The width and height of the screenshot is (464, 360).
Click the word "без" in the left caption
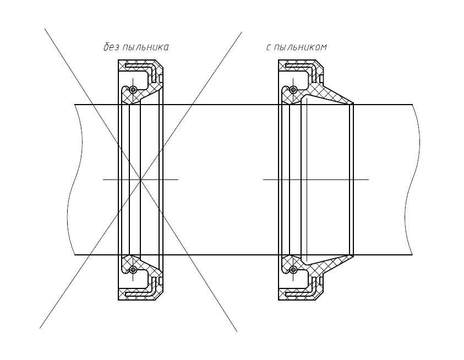point(111,47)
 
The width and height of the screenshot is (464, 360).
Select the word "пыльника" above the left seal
point(145,47)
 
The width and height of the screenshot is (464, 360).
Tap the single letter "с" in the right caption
point(269,47)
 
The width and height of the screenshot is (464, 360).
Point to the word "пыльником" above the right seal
point(301,47)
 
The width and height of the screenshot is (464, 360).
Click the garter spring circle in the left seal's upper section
point(133,89)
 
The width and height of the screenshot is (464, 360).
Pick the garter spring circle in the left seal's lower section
point(133,270)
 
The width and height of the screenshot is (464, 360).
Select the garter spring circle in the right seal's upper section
point(293,89)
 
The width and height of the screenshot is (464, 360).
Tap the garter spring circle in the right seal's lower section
point(293,270)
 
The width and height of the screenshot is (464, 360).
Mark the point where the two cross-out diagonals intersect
point(140,179)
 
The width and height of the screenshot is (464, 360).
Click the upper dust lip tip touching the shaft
point(353,103)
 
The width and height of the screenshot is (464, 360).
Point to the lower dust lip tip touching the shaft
point(353,255)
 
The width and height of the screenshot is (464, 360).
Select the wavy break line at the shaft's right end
point(412,179)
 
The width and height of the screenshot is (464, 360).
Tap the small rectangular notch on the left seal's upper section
point(161,79)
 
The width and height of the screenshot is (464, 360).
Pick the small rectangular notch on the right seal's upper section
point(321,79)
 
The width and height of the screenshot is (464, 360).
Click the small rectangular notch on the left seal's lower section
point(161,281)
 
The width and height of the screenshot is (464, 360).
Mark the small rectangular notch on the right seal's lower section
point(321,281)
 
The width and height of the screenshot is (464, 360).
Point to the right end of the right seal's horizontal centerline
point(369,179)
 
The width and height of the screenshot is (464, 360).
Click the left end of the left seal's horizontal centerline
point(103,179)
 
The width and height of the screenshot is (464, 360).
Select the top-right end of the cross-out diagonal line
point(242,32)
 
